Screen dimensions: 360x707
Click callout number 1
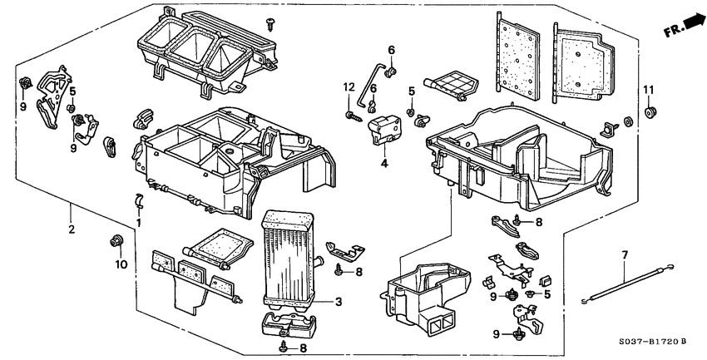point(140,224)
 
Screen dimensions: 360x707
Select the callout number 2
point(72,229)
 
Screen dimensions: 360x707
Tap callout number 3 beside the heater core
point(339,301)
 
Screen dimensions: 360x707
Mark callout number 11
point(649,89)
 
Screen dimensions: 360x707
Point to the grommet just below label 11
point(649,111)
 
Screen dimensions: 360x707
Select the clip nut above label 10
point(115,242)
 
